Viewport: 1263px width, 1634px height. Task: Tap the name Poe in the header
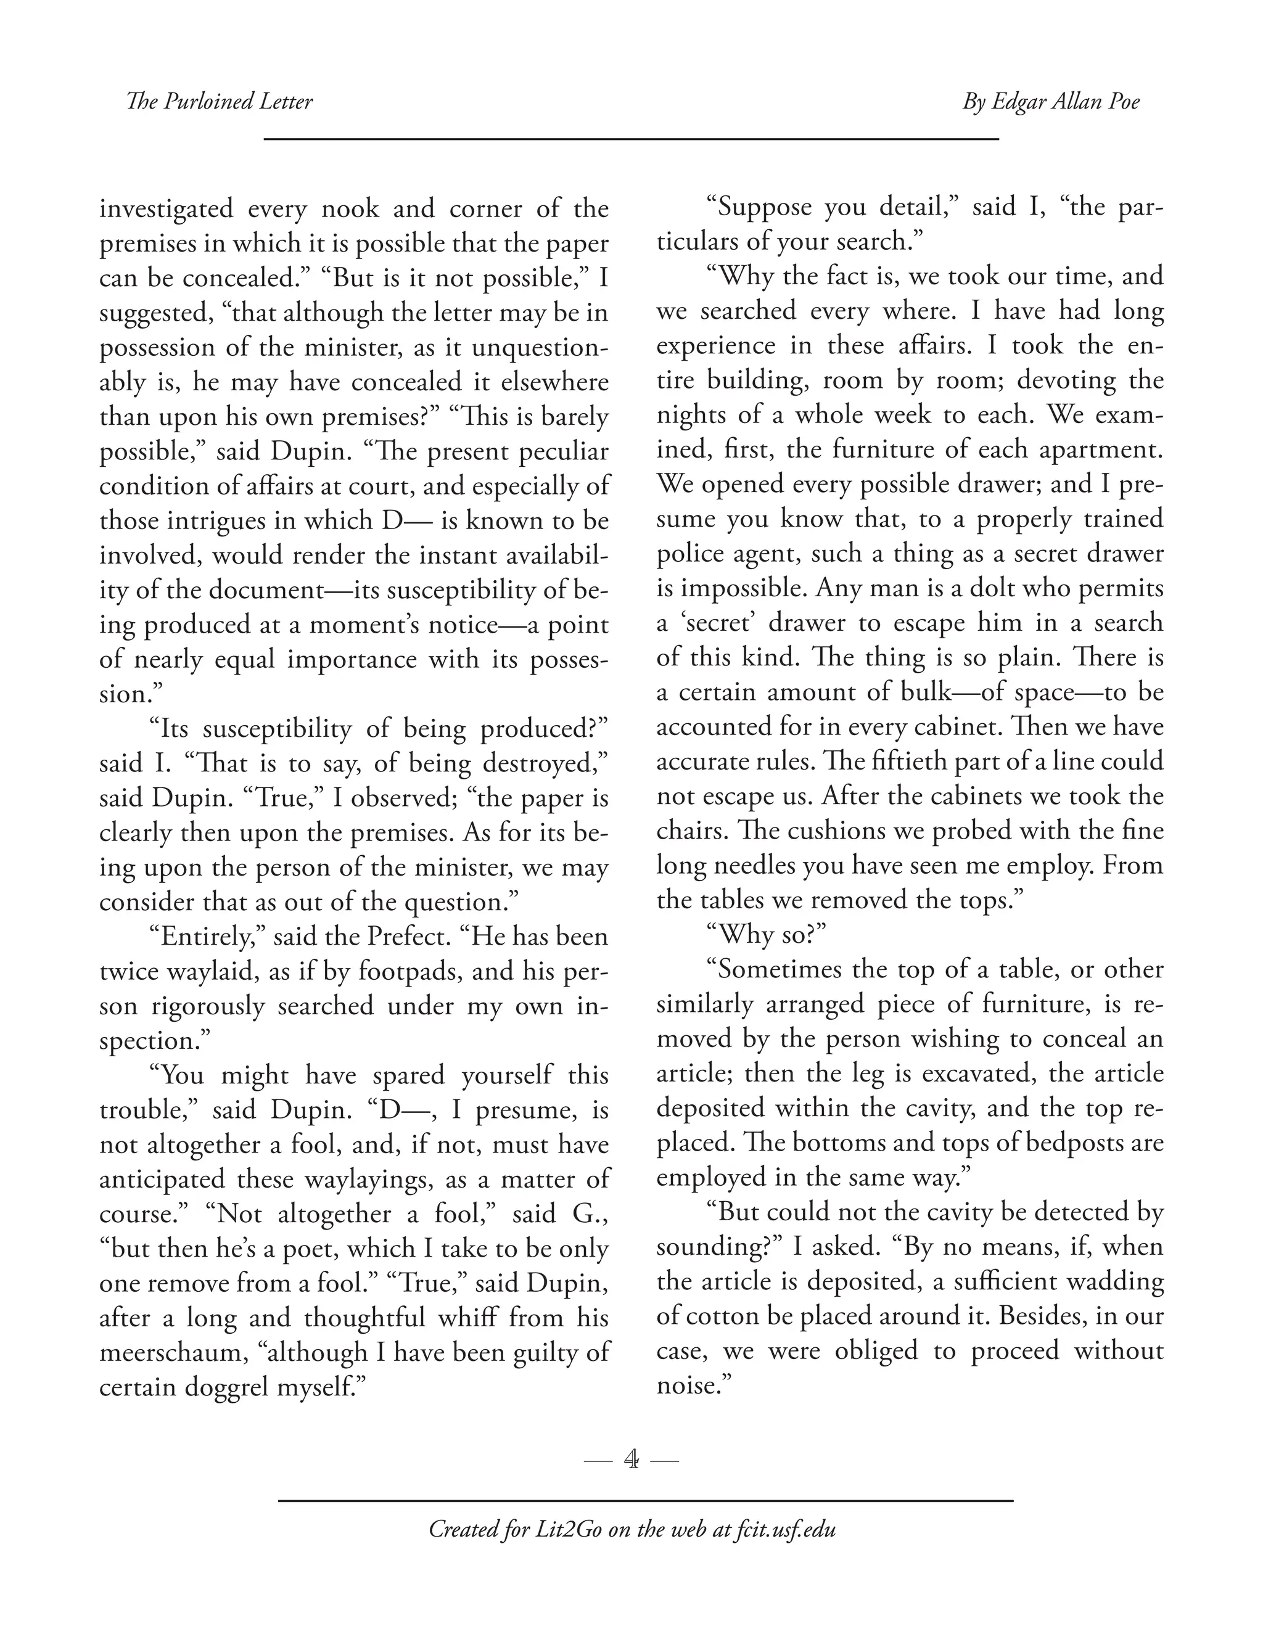click(x=1119, y=102)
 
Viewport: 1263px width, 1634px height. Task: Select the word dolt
click(x=994, y=588)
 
